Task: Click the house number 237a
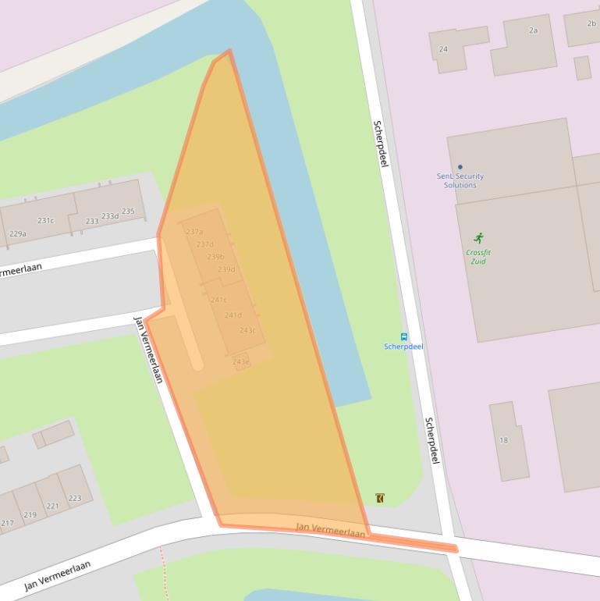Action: click(194, 232)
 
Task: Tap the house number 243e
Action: click(240, 361)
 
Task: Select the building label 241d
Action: click(233, 315)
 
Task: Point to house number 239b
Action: click(215, 257)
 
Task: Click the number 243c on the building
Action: click(247, 330)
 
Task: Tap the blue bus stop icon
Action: click(403, 336)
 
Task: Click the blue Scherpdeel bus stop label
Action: click(403, 347)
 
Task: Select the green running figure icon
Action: click(478, 238)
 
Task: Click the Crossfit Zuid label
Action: click(478, 257)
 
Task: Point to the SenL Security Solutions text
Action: click(460, 180)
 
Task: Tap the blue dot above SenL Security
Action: click(460, 166)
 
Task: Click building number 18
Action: click(503, 440)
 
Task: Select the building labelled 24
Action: click(443, 49)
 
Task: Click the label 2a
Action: click(533, 30)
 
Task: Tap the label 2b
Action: click(591, 23)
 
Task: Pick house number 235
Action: click(128, 212)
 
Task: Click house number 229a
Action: click(17, 233)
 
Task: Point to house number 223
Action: click(75, 498)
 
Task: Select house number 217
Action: click(7, 523)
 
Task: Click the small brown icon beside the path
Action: click(380, 498)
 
